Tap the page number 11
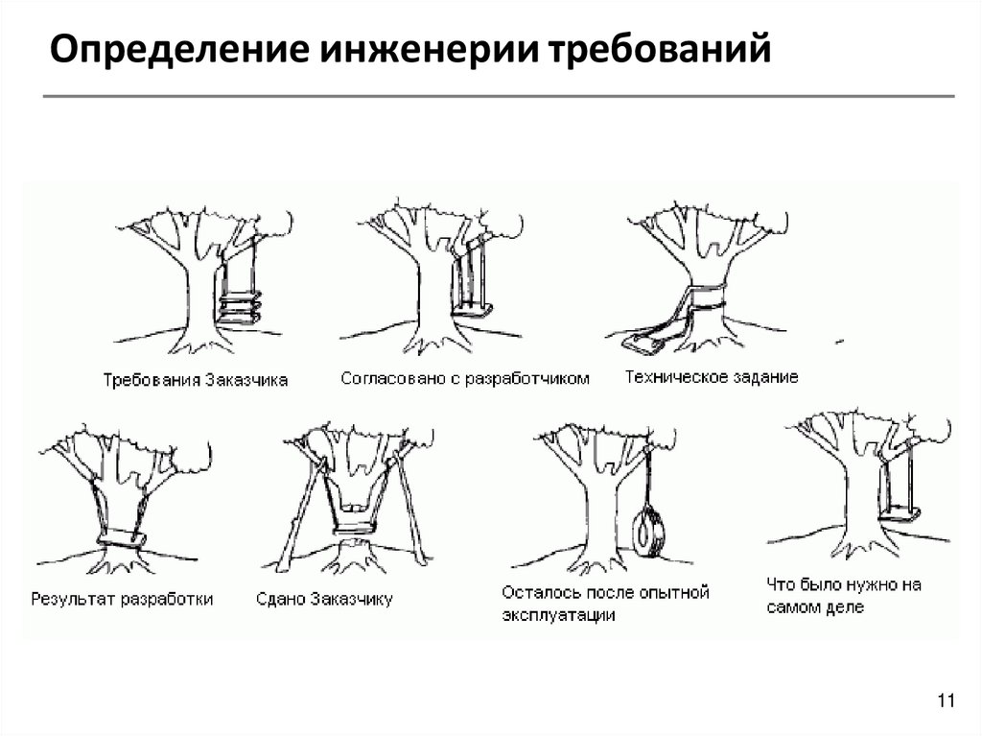pyautogui.click(x=946, y=702)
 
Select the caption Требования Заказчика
pyautogui.click(x=196, y=379)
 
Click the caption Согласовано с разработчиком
pyautogui.click(x=465, y=378)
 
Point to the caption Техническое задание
pyautogui.click(x=711, y=377)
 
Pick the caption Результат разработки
pyautogui.click(x=122, y=599)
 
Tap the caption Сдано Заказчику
pyautogui.click(x=324, y=600)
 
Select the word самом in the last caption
pyautogui.click(x=794, y=607)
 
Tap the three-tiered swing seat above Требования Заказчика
pyautogui.click(x=240, y=308)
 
